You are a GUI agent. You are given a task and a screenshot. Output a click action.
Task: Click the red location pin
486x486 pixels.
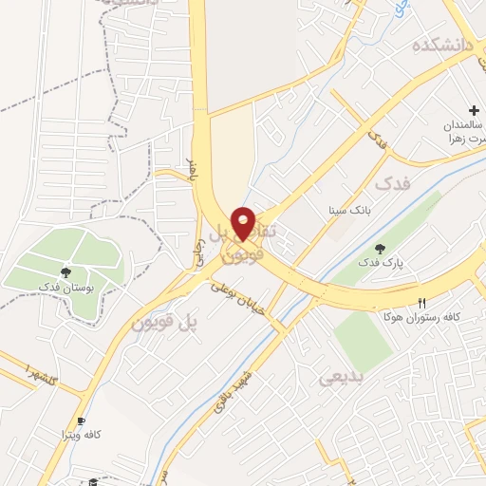[x=244, y=221]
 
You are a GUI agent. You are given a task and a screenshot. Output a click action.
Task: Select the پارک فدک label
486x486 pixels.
[x=380, y=262]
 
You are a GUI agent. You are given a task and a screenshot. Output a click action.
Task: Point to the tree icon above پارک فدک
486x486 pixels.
[x=380, y=249]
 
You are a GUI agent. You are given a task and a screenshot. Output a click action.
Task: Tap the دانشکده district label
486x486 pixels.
[x=441, y=45]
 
